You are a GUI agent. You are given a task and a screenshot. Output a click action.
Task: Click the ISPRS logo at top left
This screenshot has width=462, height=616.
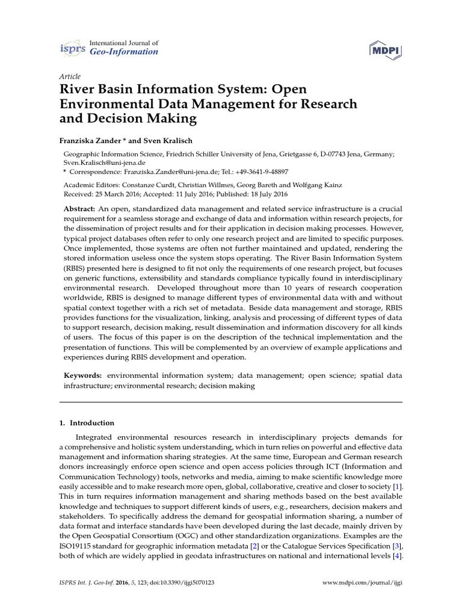73,48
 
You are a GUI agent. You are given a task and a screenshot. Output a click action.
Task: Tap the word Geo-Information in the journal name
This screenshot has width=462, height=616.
123,52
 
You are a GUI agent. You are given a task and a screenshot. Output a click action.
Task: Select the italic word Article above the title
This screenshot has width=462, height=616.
70,76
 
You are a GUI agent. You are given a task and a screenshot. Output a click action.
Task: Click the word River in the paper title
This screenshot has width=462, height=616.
75,90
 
